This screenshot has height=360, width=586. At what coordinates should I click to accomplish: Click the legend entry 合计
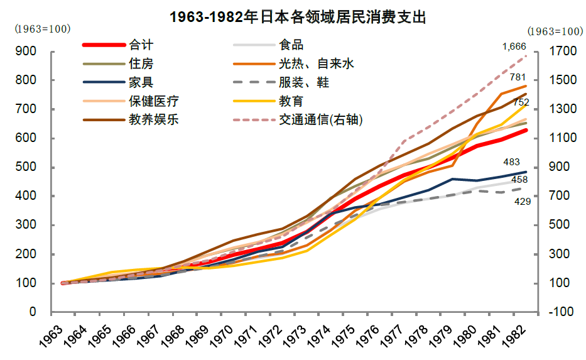[141, 45]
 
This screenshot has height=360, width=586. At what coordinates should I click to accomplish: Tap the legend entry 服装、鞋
[304, 83]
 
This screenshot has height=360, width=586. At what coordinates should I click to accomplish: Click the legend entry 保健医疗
[153, 101]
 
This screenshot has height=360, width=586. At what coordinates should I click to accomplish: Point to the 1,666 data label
[514, 46]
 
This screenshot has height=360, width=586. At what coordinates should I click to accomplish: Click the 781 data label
[518, 77]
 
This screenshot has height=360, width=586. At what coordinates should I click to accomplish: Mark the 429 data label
[523, 202]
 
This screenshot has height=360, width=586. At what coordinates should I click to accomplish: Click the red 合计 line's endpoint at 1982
[526, 130]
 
